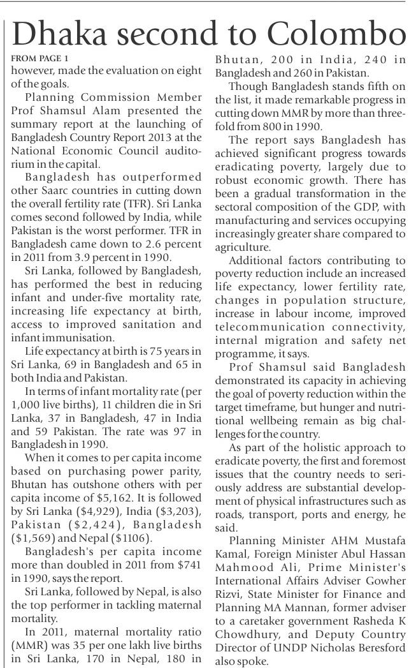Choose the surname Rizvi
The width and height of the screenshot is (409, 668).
click(226, 582)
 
